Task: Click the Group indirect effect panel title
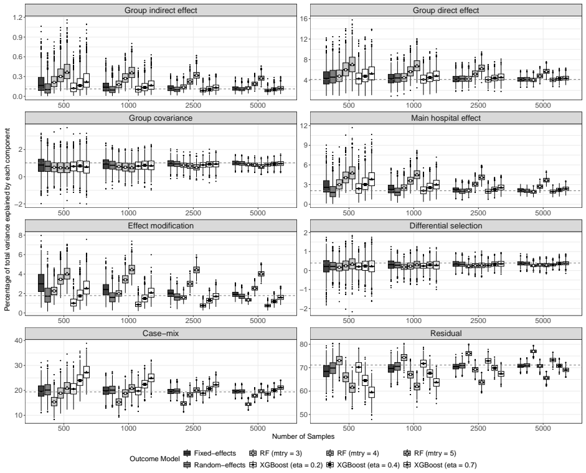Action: tap(161, 11)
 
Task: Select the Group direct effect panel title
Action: tap(446, 11)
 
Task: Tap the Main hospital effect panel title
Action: tap(446, 118)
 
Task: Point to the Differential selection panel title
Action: tap(446, 226)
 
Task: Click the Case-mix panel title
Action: tap(161, 333)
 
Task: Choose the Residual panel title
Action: tap(446, 333)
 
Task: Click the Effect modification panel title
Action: tap(161, 226)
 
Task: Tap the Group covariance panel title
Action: tap(161, 118)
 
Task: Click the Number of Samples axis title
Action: tap(303, 436)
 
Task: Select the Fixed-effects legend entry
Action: tap(210, 453)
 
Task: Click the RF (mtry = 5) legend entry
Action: tap(430, 453)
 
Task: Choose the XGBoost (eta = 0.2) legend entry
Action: tap(286, 465)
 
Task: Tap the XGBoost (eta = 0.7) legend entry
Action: tap(440, 465)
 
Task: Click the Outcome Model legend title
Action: tap(154, 459)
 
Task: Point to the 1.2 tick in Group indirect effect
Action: tap(17, 17)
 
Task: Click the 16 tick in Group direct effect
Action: tap(303, 18)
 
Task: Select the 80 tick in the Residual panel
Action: tap(303, 344)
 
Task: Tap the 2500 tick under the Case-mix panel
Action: tap(193, 428)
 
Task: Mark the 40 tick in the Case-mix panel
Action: tap(18, 340)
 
